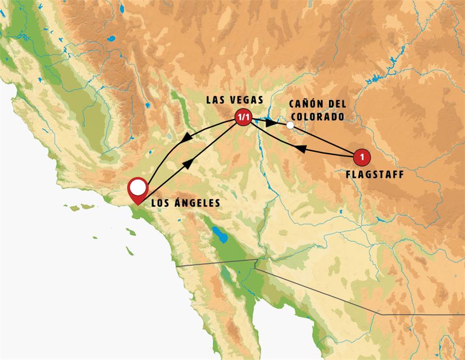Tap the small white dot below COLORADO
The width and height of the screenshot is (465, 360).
click(x=290, y=125)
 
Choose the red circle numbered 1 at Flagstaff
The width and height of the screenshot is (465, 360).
click(x=362, y=155)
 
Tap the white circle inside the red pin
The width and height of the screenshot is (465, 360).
click(x=137, y=187)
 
